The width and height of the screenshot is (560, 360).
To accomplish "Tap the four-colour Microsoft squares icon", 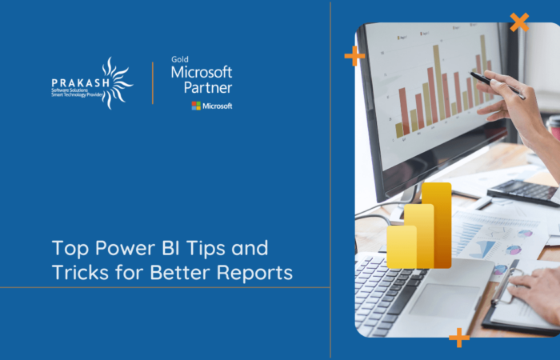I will click(196, 106).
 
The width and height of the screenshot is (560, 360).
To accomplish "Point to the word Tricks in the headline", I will click(80, 272).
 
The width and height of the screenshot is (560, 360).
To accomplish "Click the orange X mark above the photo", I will click(519, 22).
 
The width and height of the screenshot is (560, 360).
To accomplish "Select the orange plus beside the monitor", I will click(354, 55).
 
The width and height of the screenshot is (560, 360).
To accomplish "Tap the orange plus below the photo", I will click(459, 337).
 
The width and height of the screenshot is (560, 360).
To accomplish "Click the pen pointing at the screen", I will click(497, 84).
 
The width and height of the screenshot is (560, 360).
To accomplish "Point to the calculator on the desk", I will click(525, 192).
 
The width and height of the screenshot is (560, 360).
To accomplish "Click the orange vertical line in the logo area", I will click(153, 82).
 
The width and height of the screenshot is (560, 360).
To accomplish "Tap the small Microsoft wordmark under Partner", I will click(218, 106).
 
